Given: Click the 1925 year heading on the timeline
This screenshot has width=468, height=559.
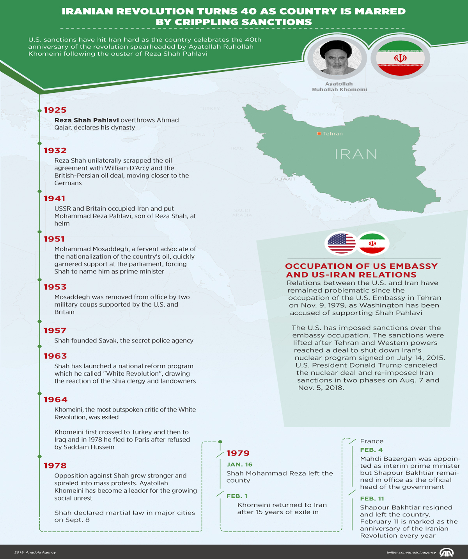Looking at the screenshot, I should [x=55, y=110].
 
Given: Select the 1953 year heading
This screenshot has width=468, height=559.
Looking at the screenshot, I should [x=55, y=287].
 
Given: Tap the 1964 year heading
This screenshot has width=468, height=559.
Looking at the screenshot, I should [x=55, y=400].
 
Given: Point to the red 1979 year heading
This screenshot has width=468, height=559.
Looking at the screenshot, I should [x=238, y=453].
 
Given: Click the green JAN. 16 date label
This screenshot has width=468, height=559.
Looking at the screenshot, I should [x=239, y=465].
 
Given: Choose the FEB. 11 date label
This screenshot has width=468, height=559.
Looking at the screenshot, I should [x=372, y=499].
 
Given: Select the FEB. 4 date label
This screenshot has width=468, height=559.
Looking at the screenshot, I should [x=371, y=450].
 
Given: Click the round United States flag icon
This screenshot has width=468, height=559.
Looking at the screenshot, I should [x=342, y=244].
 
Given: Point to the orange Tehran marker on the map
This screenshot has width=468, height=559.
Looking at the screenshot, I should [x=319, y=134].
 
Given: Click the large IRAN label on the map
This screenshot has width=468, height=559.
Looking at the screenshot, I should [x=356, y=154].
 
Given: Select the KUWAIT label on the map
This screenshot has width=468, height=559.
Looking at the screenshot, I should [x=285, y=179].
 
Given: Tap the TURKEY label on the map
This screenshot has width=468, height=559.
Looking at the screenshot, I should [x=210, y=109].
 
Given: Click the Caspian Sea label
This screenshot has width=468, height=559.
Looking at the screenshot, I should [x=320, y=114].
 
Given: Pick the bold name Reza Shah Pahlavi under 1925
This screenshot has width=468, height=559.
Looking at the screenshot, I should [x=87, y=120].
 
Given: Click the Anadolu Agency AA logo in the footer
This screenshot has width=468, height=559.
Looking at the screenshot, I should [x=447, y=552].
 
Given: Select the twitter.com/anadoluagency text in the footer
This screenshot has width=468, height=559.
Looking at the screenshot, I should [x=411, y=552].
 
